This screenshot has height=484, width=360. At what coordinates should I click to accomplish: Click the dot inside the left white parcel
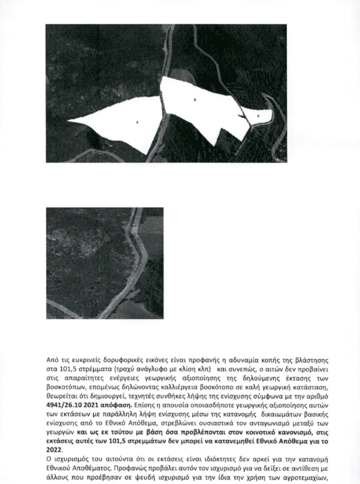(x=137, y=122)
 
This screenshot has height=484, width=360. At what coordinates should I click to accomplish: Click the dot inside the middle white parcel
(x=195, y=100)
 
